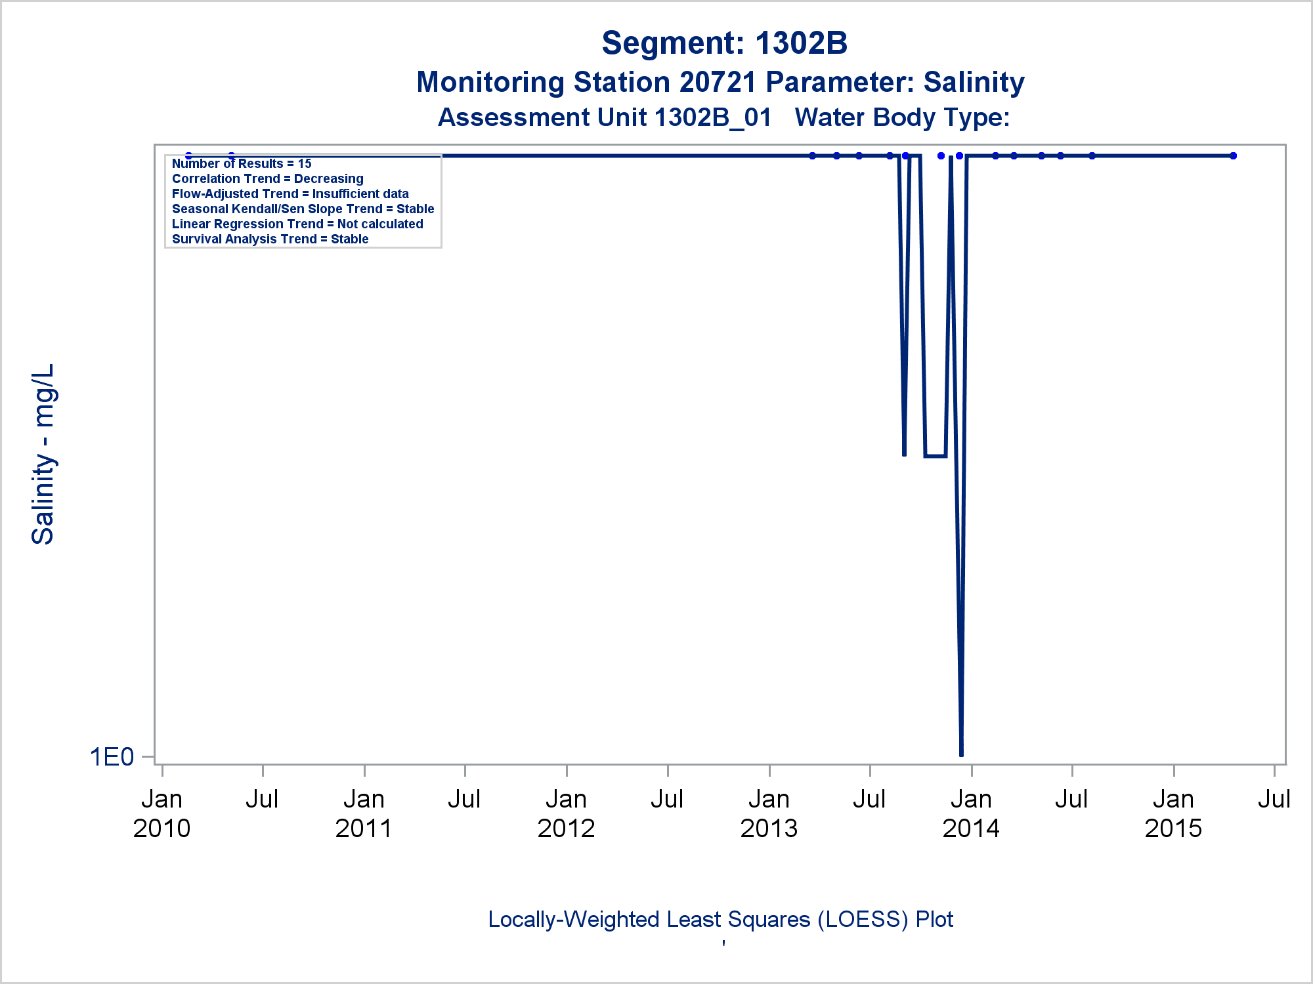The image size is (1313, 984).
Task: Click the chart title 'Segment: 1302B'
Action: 724,43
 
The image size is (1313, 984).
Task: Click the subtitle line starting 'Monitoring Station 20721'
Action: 720,83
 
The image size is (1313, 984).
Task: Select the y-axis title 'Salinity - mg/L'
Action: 43,454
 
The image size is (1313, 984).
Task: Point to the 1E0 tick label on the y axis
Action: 112,757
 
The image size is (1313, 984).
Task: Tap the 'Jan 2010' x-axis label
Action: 161,813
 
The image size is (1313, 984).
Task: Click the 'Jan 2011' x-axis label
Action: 364,813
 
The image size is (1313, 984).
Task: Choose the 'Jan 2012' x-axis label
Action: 566,813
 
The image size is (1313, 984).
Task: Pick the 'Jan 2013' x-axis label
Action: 769,813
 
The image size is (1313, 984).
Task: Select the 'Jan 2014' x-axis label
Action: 971,813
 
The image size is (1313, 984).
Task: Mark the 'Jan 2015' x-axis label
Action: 1173,813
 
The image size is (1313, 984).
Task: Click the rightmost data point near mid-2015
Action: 1233,156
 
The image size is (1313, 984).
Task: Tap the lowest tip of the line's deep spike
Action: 961,754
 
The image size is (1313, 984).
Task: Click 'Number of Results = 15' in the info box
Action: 242,164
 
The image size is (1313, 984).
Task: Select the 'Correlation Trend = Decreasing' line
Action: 268,179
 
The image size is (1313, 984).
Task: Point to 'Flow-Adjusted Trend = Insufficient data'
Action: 290,194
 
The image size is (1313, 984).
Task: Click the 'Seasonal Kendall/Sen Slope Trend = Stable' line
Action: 303,209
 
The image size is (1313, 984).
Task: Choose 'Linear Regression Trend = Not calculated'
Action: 297,224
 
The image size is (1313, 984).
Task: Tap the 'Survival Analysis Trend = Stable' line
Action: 270,239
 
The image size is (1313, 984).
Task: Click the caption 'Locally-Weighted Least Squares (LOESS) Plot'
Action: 720,920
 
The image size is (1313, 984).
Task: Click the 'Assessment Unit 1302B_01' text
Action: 604,118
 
